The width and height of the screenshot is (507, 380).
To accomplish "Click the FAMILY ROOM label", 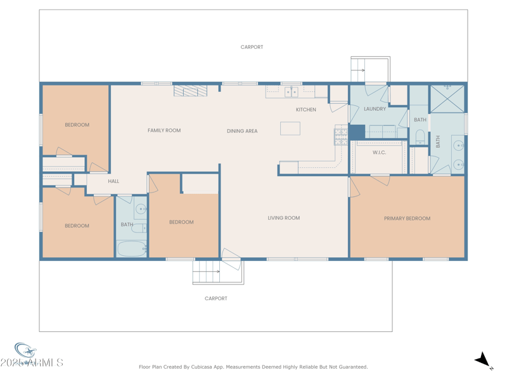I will pos(164,130).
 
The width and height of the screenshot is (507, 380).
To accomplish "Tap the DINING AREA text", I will pos(242,131).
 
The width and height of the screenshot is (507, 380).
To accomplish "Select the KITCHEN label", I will pos(305,110).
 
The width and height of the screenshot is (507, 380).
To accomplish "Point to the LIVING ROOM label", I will pos(283,218).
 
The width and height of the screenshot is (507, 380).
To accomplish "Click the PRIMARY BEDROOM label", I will pos(407,218).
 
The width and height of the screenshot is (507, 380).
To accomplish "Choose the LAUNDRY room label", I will pos(375,109).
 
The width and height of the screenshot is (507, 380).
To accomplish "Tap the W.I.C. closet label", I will pos(379,153).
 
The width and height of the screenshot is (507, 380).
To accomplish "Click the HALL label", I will pos(113,181).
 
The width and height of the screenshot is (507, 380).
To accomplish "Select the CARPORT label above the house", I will pos(252,47).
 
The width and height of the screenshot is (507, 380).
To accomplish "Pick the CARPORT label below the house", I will pos(215,298).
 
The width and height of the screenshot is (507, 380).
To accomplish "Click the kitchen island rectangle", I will pos(290,129).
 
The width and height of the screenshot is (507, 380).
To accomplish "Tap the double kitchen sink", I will pos(291,92).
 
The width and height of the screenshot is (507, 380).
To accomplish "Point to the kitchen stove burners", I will pos(340,135).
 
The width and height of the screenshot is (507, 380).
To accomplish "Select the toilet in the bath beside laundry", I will pos(420,136).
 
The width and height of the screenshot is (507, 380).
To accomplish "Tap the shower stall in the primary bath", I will pos(447,98).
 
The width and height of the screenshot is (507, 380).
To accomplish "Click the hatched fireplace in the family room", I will pos(190,91).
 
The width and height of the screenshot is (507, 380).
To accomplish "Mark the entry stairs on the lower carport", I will pos(207,272).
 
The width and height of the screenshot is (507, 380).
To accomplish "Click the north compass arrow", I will pos(484,360).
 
